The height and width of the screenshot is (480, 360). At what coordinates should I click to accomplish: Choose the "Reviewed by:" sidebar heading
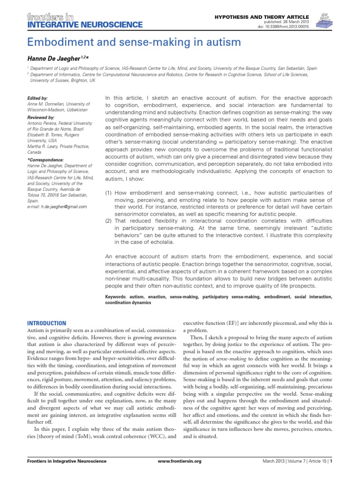tap(41, 117)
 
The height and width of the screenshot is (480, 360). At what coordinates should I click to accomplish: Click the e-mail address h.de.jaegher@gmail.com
tap(57, 206)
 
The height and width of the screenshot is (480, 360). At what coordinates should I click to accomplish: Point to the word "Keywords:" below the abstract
tap(116, 297)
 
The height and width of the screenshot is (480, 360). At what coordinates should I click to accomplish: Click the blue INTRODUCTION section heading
tap(46, 323)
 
